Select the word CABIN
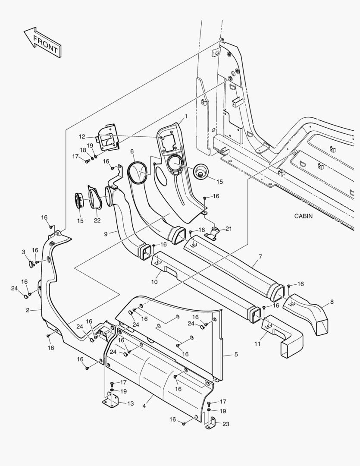(x=304, y=216)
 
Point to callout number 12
(x=81, y=137)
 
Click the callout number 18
(x=83, y=150)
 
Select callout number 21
(x=228, y=229)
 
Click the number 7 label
(x=260, y=257)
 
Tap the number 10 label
(x=154, y=282)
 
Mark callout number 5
(x=236, y=355)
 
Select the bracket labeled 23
(x=211, y=423)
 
